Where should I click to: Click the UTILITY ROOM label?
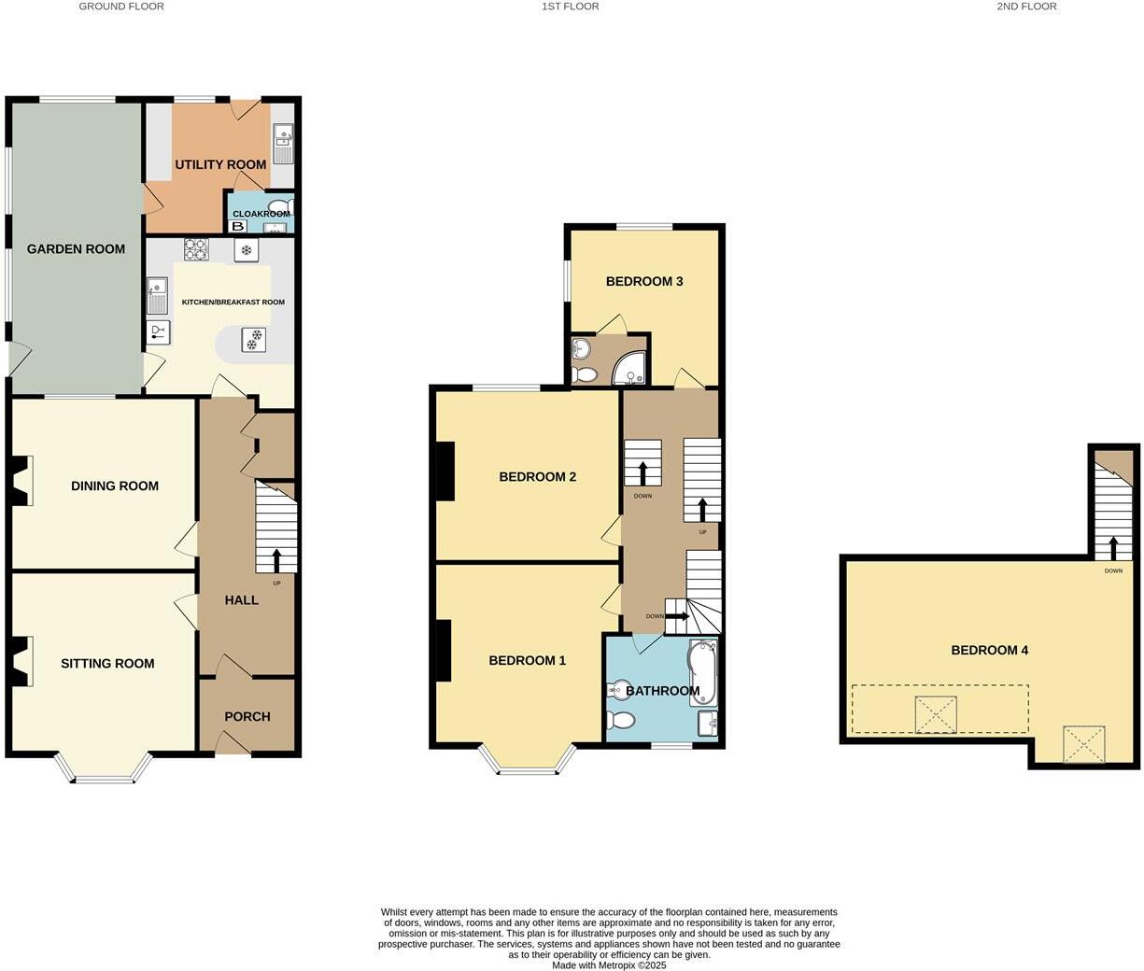pyautogui.click(x=220, y=165)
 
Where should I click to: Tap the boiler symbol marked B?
pyautogui.click(x=238, y=226)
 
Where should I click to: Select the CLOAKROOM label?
pyautogui.click(x=261, y=214)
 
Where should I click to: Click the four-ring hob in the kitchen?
pyautogui.click(x=196, y=249)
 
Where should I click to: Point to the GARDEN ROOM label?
pyautogui.click(x=76, y=249)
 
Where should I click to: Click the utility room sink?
pyautogui.click(x=282, y=145)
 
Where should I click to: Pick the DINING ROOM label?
pyautogui.click(x=115, y=485)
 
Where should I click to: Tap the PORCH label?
pyautogui.click(x=247, y=717)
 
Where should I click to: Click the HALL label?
pyautogui.click(x=242, y=600)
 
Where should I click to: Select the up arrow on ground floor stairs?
pyautogui.click(x=276, y=559)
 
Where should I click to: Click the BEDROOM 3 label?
pyautogui.click(x=644, y=281)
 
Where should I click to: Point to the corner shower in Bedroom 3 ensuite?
pyautogui.click(x=630, y=371)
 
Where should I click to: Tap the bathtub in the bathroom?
pyautogui.click(x=701, y=672)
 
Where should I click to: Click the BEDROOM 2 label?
pyautogui.click(x=537, y=477)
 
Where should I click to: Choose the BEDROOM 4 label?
pyautogui.click(x=989, y=650)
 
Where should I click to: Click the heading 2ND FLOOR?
pyautogui.click(x=1026, y=7)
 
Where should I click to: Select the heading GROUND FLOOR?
pyautogui.click(x=121, y=7)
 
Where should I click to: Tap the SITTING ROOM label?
pyautogui.click(x=107, y=664)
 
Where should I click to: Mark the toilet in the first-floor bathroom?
pyautogui.click(x=619, y=720)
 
